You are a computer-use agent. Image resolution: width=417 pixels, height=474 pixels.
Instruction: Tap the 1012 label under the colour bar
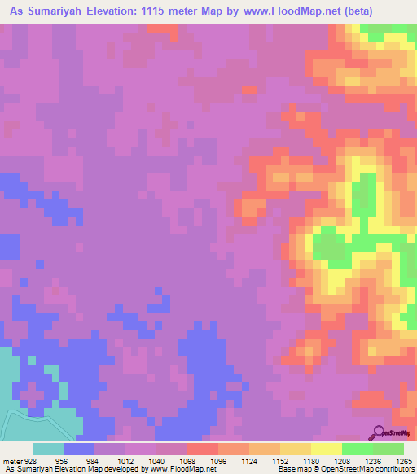pyautogui.click(x=123, y=460)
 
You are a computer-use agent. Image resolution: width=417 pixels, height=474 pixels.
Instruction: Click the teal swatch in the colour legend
pyautogui.click(x=47, y=449)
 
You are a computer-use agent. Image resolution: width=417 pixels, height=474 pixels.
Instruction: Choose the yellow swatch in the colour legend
pyautogui.click(x=326, y=449)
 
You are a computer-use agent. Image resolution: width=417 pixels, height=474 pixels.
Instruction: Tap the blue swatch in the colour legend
pyautogui.click(x=79, y=449)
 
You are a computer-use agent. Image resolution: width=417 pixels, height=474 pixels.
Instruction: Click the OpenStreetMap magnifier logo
pyautogui.click(x=380, y=433)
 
